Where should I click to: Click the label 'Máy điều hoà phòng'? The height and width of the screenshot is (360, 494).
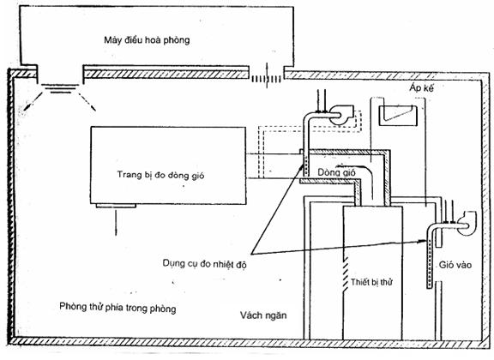pyautogui.click(x=147, y=40)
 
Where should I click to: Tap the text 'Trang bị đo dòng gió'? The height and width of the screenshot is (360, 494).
pyautogui.click(x=160, y=175)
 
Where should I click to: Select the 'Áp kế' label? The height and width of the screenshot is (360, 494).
pyautogui.click(x=422, y=88)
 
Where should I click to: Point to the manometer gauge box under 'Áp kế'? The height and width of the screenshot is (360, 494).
pyautogui.click(x=398, y=116)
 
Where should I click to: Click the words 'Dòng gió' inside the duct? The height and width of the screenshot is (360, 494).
pyautogui.click(x=336, y=172)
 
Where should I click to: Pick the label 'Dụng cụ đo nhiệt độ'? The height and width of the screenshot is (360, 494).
pyautogui.click(x=204, y=263)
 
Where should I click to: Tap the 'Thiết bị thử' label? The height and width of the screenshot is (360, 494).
pyautogui.click(x=371, y=282)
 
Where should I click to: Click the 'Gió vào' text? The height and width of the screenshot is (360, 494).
pyautogui.click(x=455, y=265)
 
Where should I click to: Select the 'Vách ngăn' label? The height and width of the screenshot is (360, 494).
pyautogui.click(x=263, y=315)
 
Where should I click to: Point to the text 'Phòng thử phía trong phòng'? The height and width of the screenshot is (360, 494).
pyautogui.click(x=117, y=307)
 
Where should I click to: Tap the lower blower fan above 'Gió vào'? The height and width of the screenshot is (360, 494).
pyautogui.click(x=467, y=224)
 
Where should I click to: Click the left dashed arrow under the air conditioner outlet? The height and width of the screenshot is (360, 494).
pyautogui.click(x=32, y=100)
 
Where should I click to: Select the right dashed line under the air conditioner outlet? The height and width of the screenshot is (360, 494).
pyautogui.click(x=87, y=101)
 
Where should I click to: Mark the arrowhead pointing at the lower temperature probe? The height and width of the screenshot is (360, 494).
pyautogui.click(x=423, y=241)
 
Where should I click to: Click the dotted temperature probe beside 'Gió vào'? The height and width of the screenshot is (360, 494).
pyautogui.click(x=429, y=264)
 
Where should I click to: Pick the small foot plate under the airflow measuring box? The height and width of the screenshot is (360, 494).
pyautogui.click(x=116, y=206)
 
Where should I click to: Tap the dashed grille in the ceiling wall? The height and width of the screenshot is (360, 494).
pyautogui.click(x=266, y=79)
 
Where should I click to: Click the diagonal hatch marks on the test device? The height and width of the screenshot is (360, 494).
pyautogui.click(x=346, y=272)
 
